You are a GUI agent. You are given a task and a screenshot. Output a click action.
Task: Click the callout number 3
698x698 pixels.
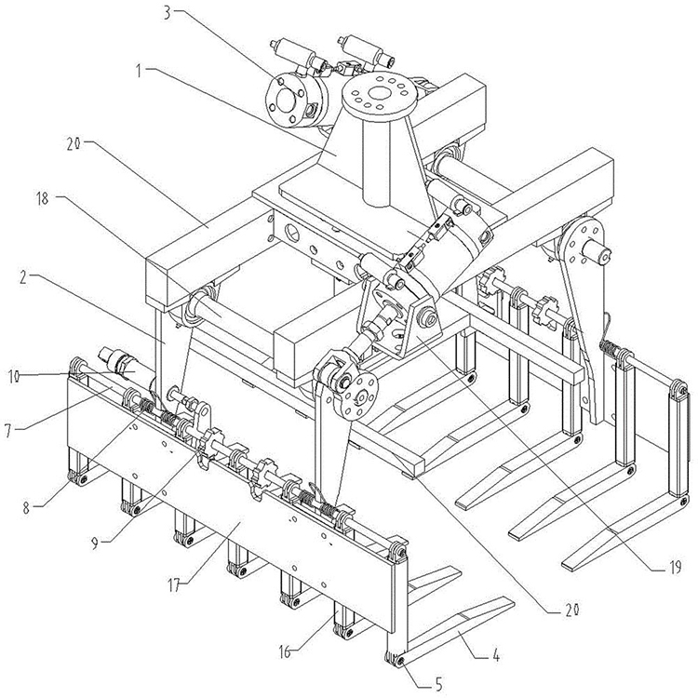tap(167, 12)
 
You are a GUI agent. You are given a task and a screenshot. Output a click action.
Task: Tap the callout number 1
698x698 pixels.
tap(139, 71)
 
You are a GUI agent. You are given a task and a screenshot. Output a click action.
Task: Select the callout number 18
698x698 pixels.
tap(42, 198)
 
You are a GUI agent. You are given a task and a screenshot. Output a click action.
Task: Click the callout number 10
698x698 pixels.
tap(14, 377)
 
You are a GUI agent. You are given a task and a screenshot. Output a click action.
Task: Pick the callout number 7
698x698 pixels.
tap(8, 431)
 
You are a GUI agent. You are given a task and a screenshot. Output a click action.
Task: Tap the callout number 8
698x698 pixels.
tap(27, 508)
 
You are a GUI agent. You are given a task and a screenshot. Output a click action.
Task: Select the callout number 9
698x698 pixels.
tap(94, 544)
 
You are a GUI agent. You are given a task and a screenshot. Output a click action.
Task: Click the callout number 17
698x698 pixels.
tap(175, 585)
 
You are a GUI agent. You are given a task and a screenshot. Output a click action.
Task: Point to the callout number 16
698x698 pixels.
tap(285, 651)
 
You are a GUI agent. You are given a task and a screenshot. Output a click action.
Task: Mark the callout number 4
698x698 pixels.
tap(496, 656)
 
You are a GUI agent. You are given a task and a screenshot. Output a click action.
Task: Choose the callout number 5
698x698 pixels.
tap(438, 683)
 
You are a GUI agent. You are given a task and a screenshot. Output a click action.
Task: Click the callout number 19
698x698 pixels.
tap(675, 568)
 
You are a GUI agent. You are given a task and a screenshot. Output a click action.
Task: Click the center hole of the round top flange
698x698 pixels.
tap(379, 93)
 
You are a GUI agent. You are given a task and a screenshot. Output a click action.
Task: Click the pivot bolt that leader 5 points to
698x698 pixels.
tap(402, 661)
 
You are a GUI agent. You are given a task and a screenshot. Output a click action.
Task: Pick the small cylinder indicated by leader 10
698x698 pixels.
tap(124, 363)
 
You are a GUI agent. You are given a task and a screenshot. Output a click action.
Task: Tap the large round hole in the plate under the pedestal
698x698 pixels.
tap(292, 232)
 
